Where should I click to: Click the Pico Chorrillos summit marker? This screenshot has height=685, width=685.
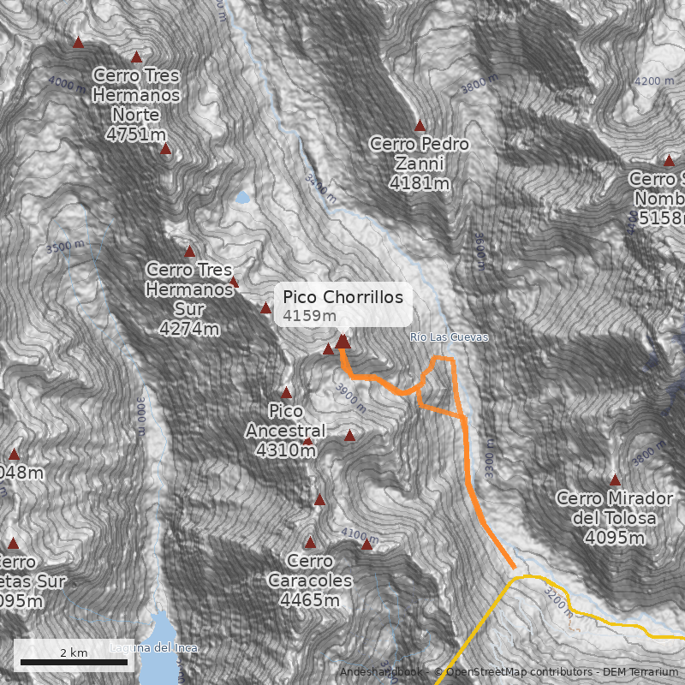click(342, 342)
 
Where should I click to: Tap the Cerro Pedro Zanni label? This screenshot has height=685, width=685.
click(419, 153)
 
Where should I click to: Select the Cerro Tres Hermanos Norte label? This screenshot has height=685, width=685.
click(137, 95)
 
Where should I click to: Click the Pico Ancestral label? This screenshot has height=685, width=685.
click(286, 420)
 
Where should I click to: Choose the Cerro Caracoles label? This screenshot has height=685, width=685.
click(310, 571)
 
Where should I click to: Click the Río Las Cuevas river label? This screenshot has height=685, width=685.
click(449, 337)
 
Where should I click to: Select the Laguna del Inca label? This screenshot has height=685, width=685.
click(154, 648)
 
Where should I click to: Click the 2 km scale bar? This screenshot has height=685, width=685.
click(74, 662)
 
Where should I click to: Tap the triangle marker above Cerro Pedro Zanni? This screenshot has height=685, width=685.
click(420, 126)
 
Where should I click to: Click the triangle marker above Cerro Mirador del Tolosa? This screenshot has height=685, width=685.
click(615, 480)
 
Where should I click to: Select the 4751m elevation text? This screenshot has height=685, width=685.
click(137, 134)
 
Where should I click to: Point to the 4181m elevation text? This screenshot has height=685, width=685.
click(419, 183)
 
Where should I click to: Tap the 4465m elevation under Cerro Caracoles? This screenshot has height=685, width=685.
click(310, 600)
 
